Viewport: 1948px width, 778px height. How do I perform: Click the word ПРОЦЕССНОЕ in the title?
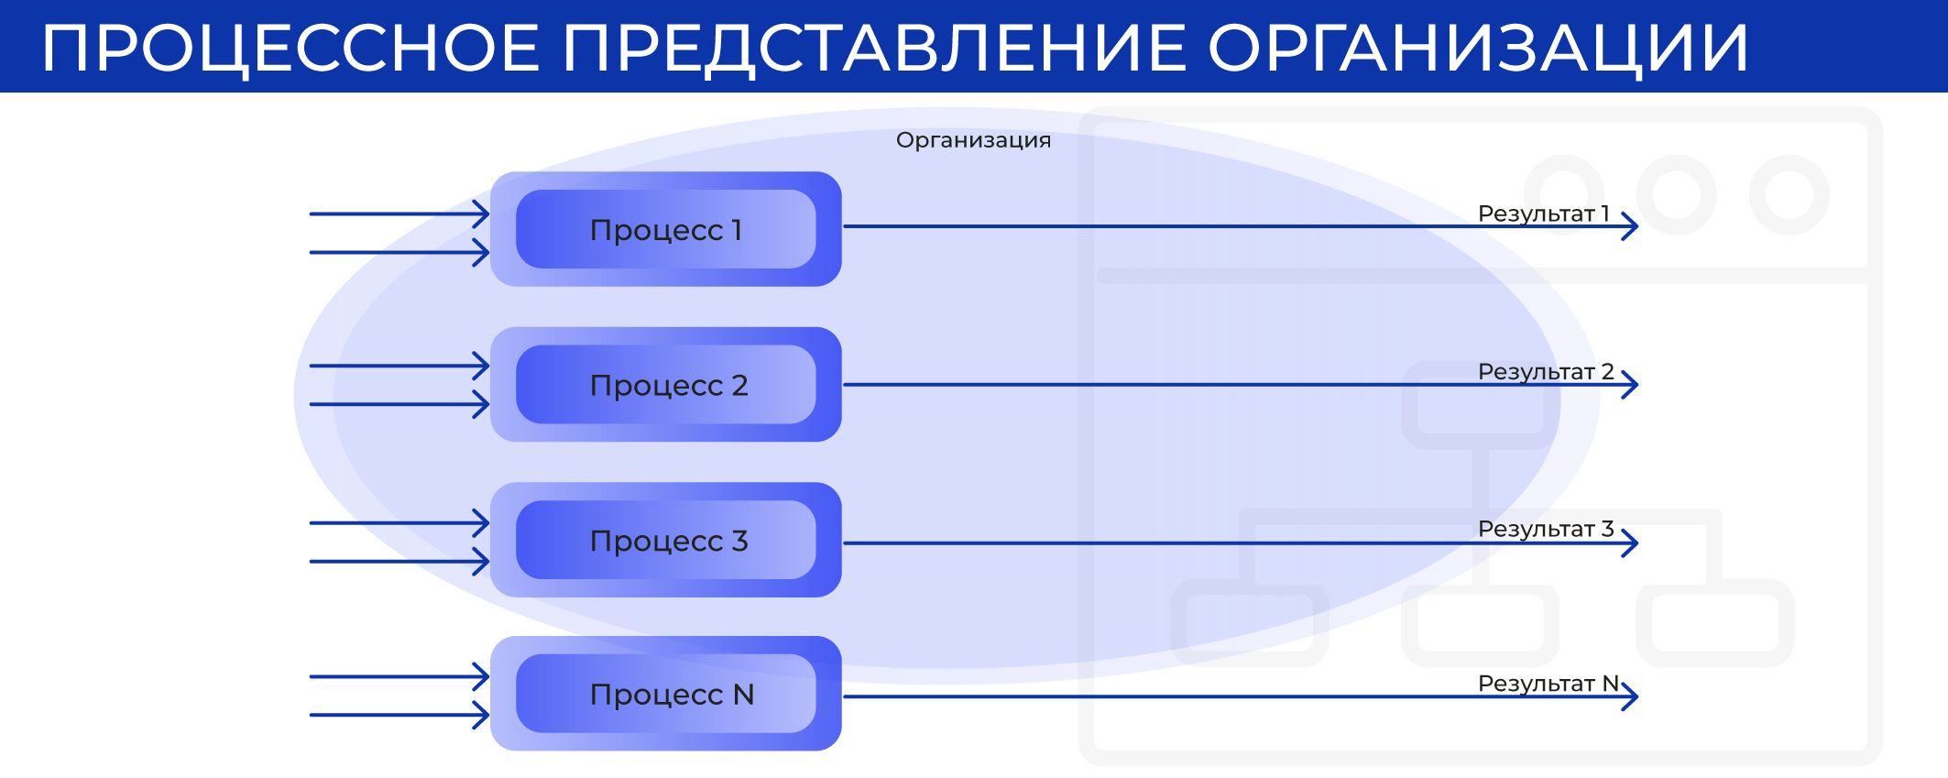click(291, 49)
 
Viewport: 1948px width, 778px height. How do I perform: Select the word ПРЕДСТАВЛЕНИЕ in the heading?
click(873, 49)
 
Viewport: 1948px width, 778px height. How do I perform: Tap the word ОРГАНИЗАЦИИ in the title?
click(1479, 49)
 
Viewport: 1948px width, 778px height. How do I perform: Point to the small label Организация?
click(973, 140)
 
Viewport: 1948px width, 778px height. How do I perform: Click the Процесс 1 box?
click(666, 229)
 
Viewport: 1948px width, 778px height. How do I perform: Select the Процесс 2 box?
click(666, 385)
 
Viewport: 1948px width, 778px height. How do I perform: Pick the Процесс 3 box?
click(666, 540)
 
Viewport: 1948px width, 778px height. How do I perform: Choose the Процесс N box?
click(666, 694)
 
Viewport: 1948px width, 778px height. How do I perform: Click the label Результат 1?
click(1544, 214)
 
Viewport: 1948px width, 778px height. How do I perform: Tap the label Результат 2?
click(1546, 371)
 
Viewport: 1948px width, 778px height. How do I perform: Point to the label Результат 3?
click(1546, 529)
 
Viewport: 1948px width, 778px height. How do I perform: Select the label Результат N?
click(1549, 684)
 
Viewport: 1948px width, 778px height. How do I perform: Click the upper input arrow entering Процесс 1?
click(399, 214)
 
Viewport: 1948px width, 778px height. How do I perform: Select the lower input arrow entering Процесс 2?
click(399, 404)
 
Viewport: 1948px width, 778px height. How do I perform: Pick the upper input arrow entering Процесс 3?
click(399, 523)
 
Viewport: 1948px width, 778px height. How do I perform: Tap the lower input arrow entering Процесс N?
click(399, 715)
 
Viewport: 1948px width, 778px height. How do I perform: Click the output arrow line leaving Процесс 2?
click(1241, 385)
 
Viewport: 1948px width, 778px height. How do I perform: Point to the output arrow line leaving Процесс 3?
click(1241, 543)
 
